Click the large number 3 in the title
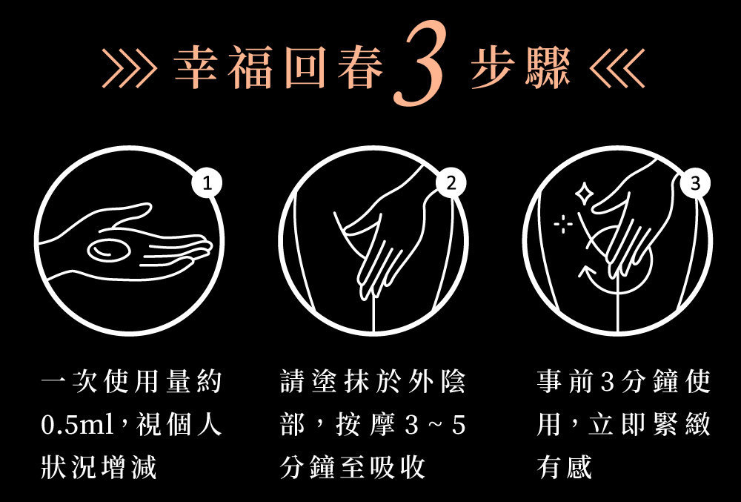[x=419, y=63]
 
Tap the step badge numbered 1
[x=207, y=183]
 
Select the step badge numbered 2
[x=451, y=183]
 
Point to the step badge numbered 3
[x=695, y=183]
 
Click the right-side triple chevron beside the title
[x=617, y=68]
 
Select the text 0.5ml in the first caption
[x=77, y=424]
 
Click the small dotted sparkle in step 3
[x=563, y=224]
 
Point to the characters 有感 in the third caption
[x=564, y=467]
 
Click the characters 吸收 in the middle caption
[x=397, y=467]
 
